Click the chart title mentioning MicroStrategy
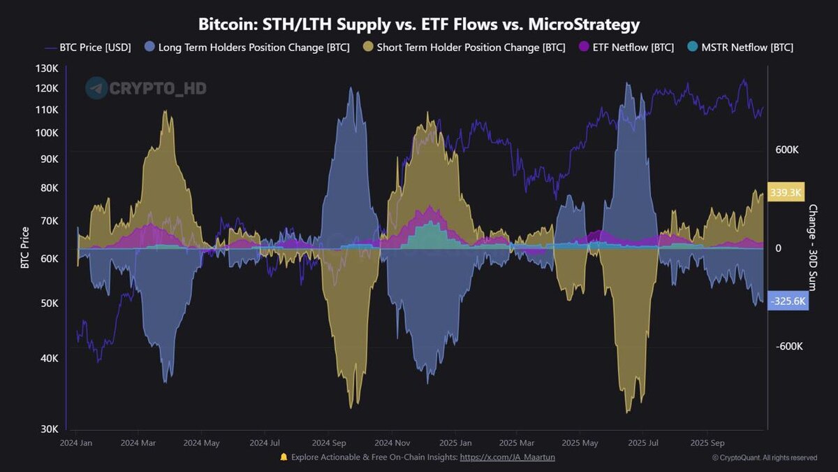click(x=419, y=24)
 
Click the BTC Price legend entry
click(x=89, y=48)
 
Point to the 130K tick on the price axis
click(x=48, y=69)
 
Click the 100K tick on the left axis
click(x=48, y=133)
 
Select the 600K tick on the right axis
click(x=787, y=150)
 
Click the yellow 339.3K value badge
click(x=786, y=192)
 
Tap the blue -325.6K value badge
click(x=788, y=301)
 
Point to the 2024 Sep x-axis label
click(x=330, y=443)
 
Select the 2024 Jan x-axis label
click(x=77, y=443)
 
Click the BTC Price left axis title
click(x=25, y=248)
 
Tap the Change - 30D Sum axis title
click(x=813, y=248)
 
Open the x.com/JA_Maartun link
click(x=507, y=457)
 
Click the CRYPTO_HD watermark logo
click(x=146, y=89)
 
